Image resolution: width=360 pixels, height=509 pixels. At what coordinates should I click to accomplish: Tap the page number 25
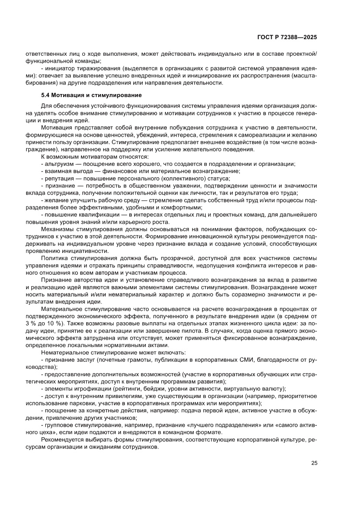pos(314,462)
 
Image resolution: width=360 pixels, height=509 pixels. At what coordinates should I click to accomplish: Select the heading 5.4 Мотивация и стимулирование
pos(91,95)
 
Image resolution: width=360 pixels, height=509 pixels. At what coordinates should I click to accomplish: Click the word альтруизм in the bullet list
pos(57,164)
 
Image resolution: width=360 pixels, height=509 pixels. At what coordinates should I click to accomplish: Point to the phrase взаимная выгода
pos(65,171)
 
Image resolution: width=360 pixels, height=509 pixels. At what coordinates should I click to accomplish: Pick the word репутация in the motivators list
pos(58,179)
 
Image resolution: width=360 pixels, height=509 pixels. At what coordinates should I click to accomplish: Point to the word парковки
pos(84,403)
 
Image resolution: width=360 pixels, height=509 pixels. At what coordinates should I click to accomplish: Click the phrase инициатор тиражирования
pos(79,69)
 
